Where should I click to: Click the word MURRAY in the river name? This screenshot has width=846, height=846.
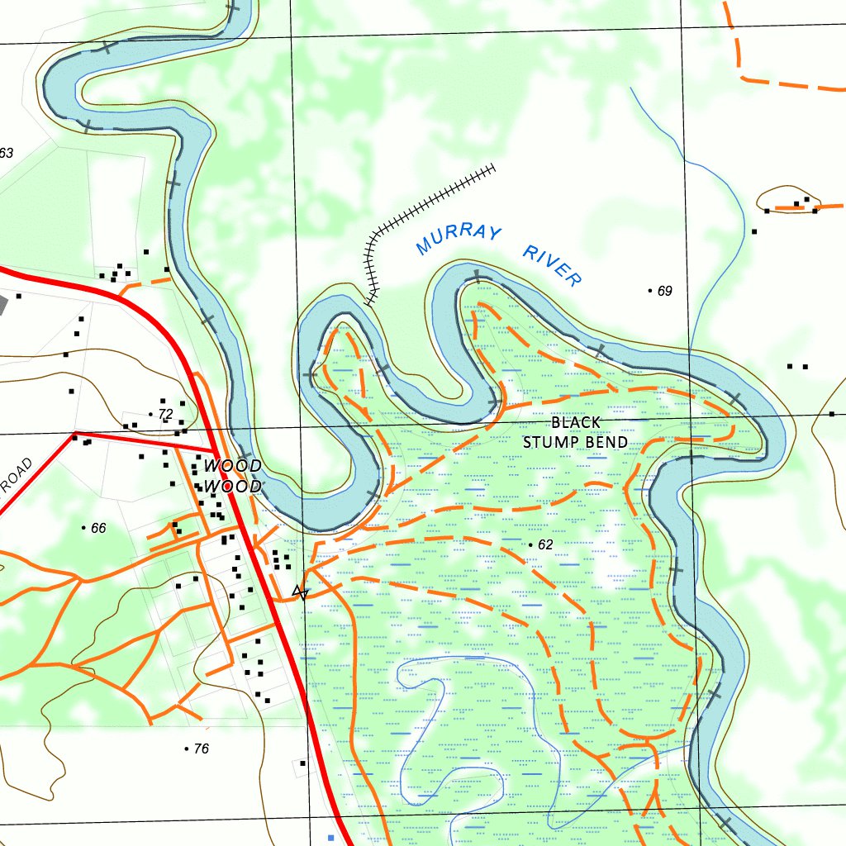click(458, 238)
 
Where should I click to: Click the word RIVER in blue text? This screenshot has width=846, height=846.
click(552, 266)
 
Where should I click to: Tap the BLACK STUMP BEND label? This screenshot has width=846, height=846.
click(575, 433)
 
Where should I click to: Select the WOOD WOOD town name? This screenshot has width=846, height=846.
click(233, 477)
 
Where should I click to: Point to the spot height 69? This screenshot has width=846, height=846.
click(664, 291)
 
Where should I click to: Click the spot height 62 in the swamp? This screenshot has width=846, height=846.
click(544, 545)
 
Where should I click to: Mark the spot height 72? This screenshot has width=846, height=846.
click(165, 414)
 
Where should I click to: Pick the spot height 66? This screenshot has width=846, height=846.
click(98, 528)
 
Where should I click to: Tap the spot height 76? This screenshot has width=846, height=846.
click(201, 749)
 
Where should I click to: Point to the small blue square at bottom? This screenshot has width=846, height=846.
click(331, 838)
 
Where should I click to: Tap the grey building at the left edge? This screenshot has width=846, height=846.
click(2, 303)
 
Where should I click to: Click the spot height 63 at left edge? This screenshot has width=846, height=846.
click(7, 153)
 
